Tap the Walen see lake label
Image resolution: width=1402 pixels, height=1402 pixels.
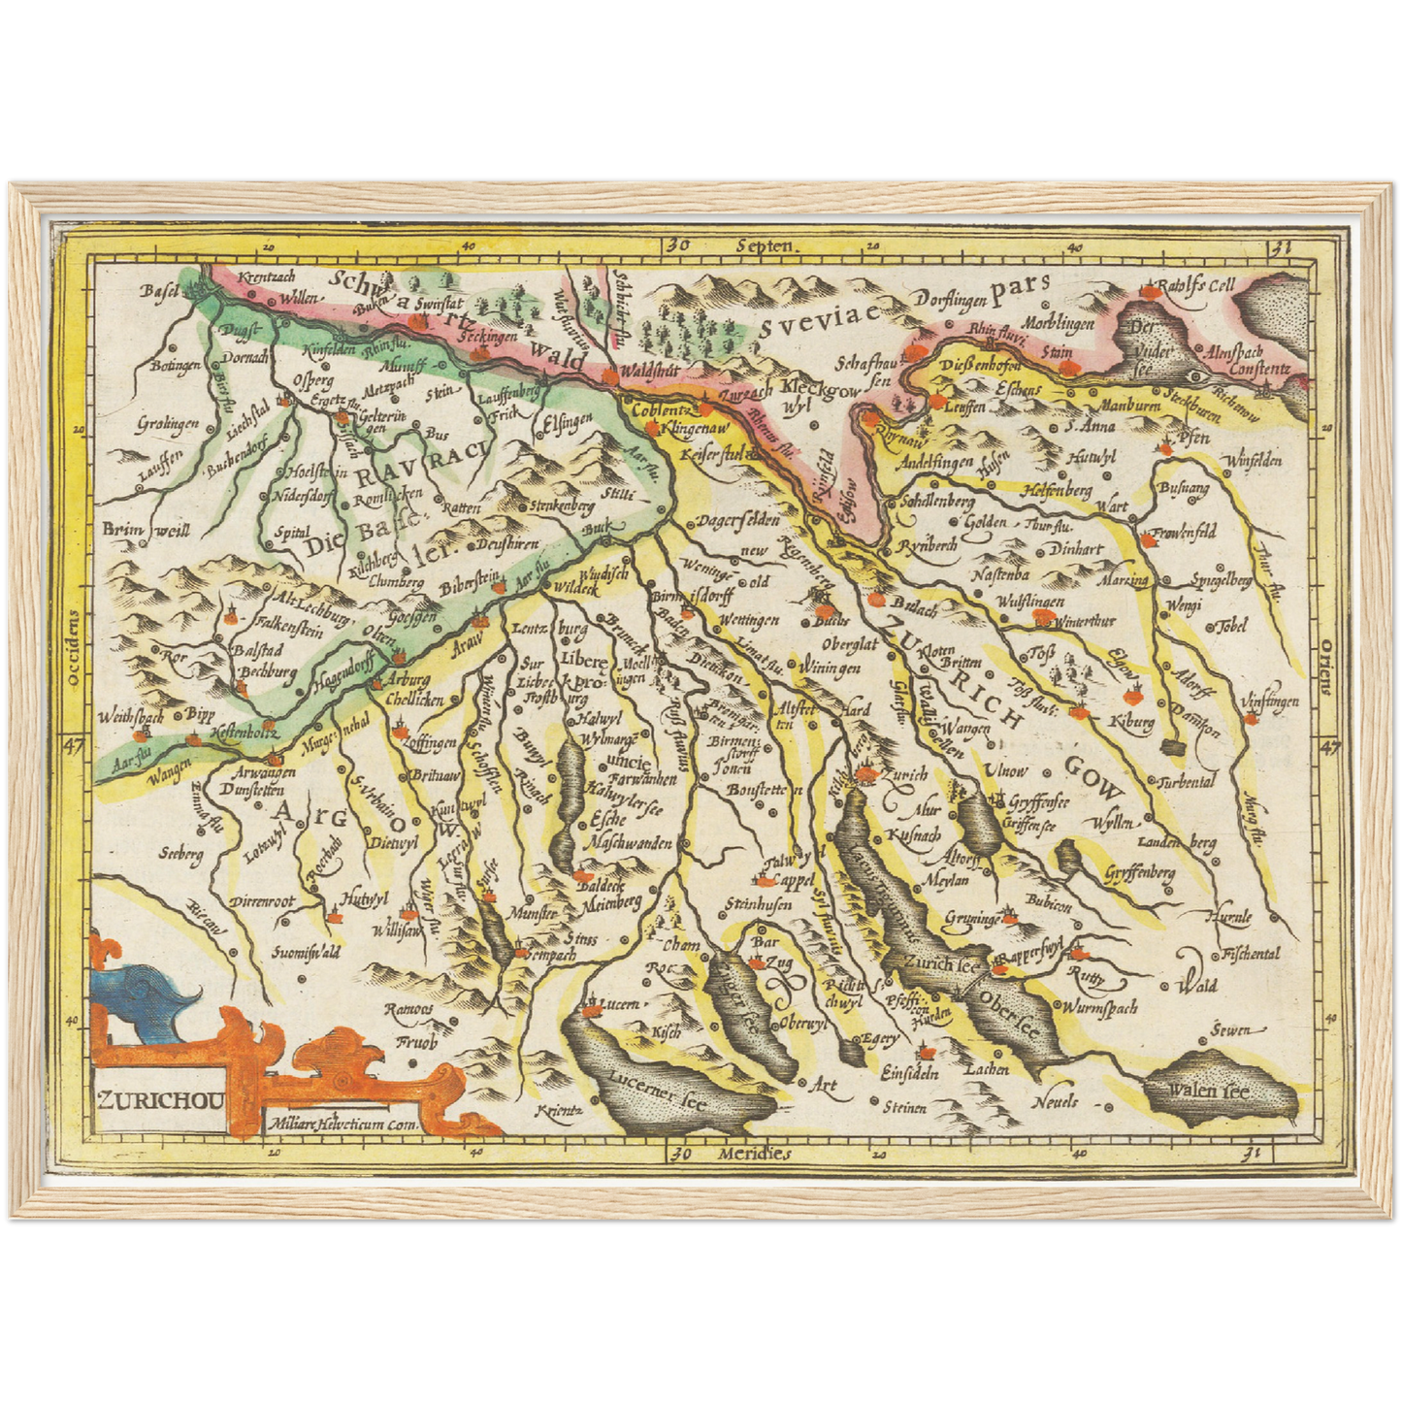click(x=1208, y=1092)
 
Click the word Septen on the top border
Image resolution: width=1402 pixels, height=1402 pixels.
click(x=765, y=246)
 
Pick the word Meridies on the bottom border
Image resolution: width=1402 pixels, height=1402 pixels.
click(x=755, y=1154)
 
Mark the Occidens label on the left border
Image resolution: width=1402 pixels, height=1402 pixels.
click(x=74, y=648)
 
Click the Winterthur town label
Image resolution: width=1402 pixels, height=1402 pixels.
click(x=1084, y=621)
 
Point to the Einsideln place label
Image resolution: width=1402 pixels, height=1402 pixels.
click(x=909, y=1073)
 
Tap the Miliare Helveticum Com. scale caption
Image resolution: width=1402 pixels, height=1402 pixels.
click(x=340, y=1125)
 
